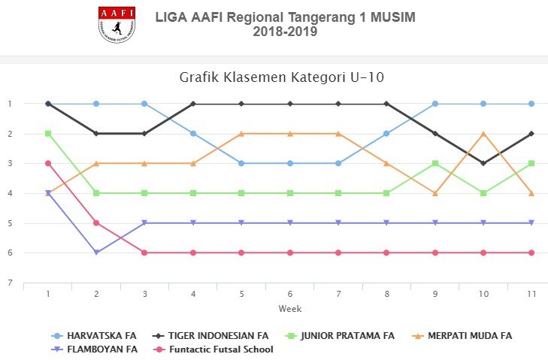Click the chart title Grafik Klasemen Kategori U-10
[x=282, y=77]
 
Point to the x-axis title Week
[x=289, y=309]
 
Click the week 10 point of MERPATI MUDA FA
[x=483, y=134]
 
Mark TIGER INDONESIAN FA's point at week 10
[x=483, y=163]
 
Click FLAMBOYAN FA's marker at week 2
[x=96, y=253]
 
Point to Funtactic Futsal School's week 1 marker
[x=48, y=163]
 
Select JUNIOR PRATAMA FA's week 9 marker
[x=435, y=163]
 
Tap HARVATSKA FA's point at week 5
[x=241, y=163]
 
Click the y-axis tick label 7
[x=11, y=283]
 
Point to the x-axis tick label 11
[x=531, y=295]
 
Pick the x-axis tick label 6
[x=289, y=295]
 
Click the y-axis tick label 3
[x=11, y=164]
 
